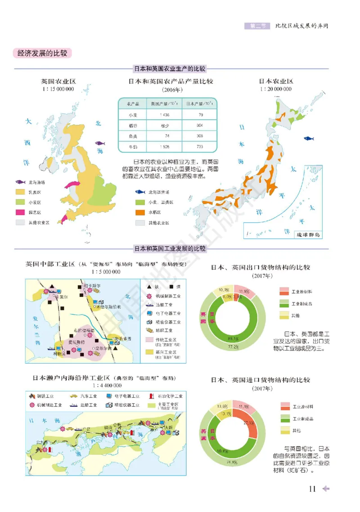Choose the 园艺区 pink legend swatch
pyautogui.click(x=20, y=212)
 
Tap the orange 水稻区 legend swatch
pyautogui.click(x=140, y=212)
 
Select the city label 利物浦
pyautogui.click(x=59, y=353)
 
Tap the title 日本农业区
pyautogui.click(x=275, y=82)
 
